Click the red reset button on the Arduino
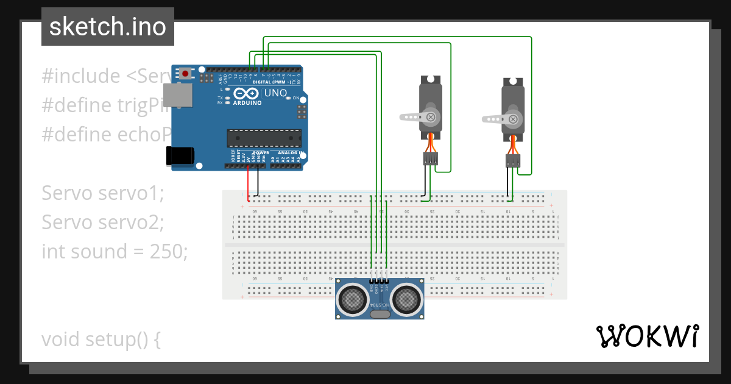tap(185, 74)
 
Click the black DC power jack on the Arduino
tap(182, 156)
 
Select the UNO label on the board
tap(275, 93)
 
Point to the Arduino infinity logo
tap(247, 93)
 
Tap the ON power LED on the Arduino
tap(288, 98)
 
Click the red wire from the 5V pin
tap(248, 183)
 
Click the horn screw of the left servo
tap(431, 116)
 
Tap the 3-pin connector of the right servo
tap(513, 161)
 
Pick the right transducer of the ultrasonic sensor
tap(406, 299)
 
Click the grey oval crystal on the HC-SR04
tap(380, 315)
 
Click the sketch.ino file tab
tap(108, 27)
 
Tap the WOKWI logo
tap(647, 336)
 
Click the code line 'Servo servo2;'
tap(103, 222)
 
